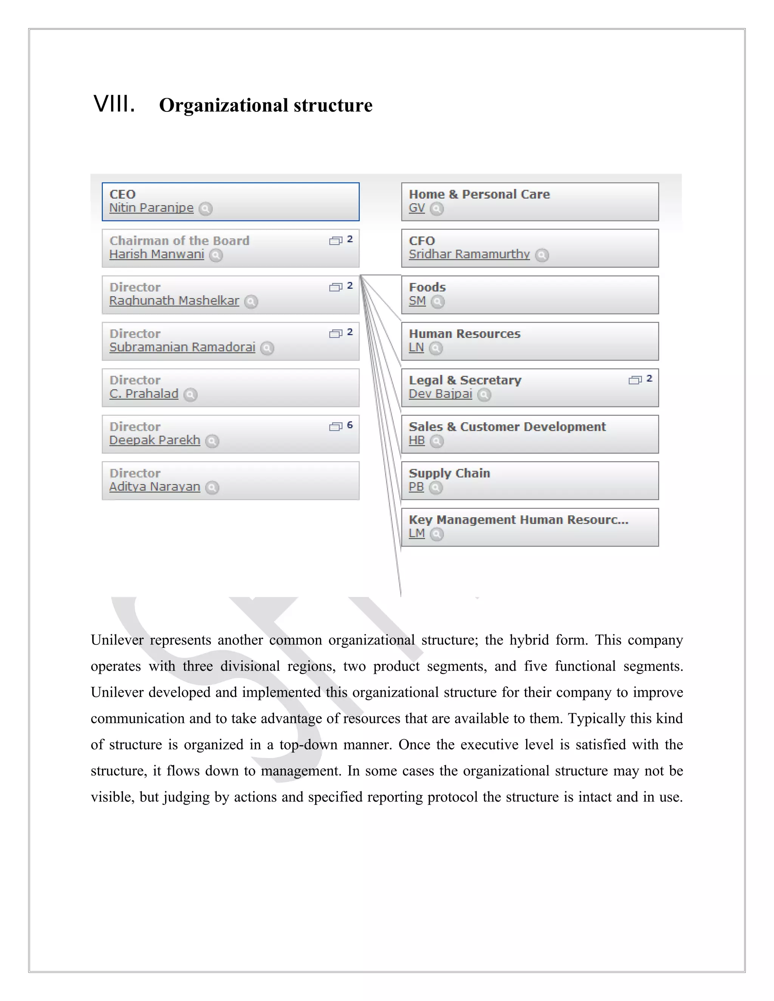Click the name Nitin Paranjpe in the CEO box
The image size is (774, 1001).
pos(151,208)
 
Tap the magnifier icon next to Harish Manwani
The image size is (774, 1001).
pos(216,255)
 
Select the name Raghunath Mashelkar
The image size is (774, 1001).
pos(174,301)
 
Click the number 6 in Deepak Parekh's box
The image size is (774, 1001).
pos(350,425)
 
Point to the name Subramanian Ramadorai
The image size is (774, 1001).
pos(182,347)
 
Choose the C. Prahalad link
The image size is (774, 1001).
pos(144,394)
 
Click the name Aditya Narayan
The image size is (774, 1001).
pos(155,487)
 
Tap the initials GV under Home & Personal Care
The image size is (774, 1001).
pos(416,208)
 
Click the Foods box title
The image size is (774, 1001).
pos(427,287)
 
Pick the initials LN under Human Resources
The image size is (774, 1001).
pos(416,348)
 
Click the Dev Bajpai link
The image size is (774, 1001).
pos(440,394)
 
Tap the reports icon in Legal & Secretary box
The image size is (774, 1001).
pos(635,380)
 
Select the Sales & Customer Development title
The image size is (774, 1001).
pos(507,427)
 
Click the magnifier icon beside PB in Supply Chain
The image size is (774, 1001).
pos(436,488)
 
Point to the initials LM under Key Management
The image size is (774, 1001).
pos(416,533)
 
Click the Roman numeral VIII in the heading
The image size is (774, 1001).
pos(114,104)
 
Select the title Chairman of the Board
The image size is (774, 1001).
pos(179,241)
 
